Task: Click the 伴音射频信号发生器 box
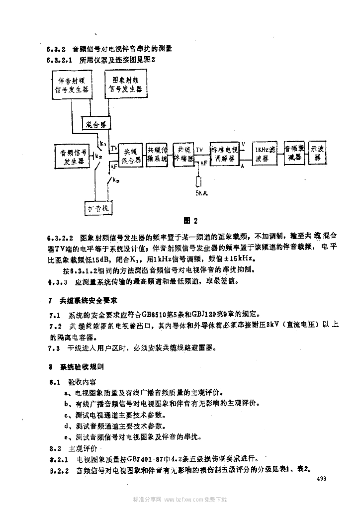(74, 85)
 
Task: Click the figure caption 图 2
(191, 220)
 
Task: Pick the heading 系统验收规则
(81, 369)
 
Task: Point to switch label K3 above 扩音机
(115, 181)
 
